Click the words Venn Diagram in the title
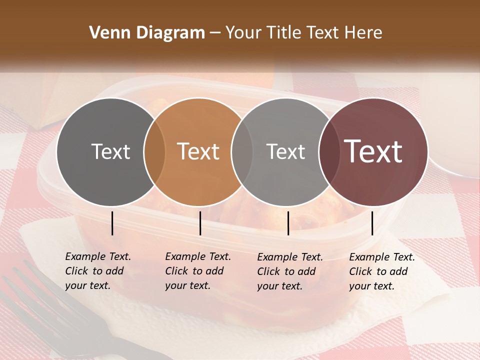147,33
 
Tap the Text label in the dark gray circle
110,151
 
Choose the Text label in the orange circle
198,151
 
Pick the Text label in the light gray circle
285,151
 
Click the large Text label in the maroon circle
373,151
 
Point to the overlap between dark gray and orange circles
154,152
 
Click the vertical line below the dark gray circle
112,223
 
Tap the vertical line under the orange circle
200,223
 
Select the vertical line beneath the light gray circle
288,223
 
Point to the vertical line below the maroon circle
372,223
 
